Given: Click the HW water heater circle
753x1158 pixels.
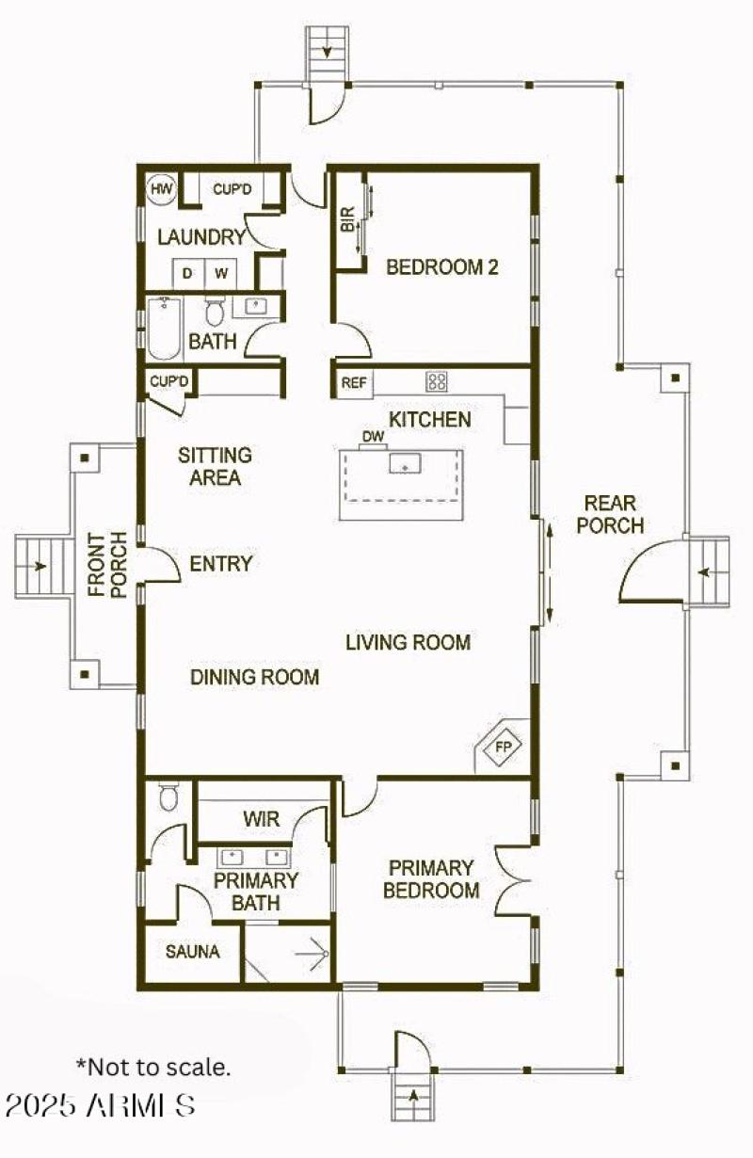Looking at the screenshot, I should point(161,189).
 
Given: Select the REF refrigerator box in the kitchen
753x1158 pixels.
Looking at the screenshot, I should point(353,382).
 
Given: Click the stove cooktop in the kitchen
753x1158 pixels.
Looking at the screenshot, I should point(438,381).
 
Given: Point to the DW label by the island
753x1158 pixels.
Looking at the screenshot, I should point(373,437).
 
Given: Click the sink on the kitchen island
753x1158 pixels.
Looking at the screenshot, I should point(407,463).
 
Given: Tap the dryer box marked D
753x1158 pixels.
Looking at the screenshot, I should point(187,273).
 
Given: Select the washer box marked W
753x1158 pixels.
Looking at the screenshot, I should point(221,273).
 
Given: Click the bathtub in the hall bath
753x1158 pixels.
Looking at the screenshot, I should point(164,330).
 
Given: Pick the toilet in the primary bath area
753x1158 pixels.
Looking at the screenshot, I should point(169,797).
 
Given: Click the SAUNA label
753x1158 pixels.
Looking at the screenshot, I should point(192,952).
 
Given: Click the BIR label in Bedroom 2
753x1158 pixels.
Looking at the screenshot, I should point(347,221).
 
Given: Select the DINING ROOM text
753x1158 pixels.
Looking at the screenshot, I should point(254,677).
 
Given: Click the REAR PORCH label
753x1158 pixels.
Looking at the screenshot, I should point(610,514).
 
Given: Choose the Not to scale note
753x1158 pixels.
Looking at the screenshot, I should point(152,1067).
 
